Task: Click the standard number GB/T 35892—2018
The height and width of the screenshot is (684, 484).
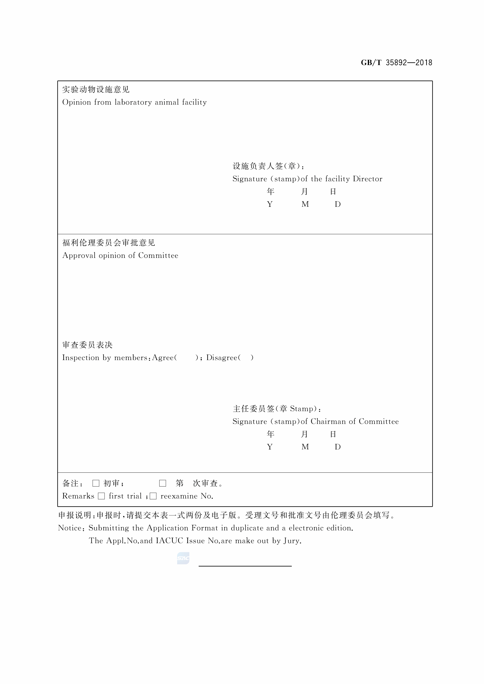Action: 396,63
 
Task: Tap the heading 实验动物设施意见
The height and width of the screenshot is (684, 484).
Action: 96,89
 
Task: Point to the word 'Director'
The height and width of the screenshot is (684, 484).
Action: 367,179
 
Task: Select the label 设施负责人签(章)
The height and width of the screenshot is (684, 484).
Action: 268,166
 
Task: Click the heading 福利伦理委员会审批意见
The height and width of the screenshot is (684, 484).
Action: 108,243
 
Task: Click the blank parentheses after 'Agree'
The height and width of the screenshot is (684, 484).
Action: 186,357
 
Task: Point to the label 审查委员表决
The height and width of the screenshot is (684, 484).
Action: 87,345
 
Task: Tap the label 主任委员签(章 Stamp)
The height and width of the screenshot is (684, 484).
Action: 276,409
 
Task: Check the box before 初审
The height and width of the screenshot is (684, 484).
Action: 96,483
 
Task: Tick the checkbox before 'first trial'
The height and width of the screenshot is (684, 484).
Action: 101,496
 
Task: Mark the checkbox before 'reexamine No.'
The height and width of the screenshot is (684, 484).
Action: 153,496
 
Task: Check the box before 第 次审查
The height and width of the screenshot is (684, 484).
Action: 162,483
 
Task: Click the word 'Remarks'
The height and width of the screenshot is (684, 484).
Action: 78,496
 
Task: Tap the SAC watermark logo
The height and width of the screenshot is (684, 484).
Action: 183,558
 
